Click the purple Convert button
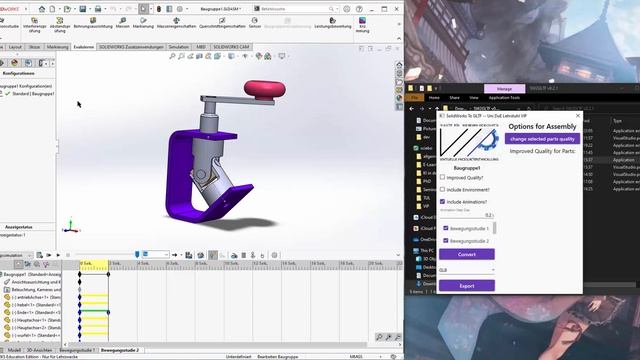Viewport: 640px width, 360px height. tap(466, 254)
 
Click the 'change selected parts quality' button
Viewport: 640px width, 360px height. tap(543, 139)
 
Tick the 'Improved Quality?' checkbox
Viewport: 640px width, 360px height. tap(443, 176)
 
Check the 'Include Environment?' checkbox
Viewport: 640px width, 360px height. tap(443, 188)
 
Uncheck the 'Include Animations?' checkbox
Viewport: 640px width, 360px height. tap(443, 200)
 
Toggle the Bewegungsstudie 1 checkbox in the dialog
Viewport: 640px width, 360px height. tap(445, 229)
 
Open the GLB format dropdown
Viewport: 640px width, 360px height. tap(466, 269)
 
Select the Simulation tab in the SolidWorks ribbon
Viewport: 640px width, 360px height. tap(179, 46)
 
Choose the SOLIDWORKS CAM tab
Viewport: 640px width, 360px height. tap(233, 46)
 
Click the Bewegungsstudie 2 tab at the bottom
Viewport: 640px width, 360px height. tap(120, 350)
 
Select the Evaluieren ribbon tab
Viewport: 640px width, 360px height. tap(84, 46)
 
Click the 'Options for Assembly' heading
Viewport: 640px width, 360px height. tap(541, 126)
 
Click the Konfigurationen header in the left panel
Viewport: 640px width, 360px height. tap(18, 73)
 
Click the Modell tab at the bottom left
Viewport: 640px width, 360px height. tap(15, 350)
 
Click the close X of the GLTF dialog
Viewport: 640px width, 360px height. tap(579, 115)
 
